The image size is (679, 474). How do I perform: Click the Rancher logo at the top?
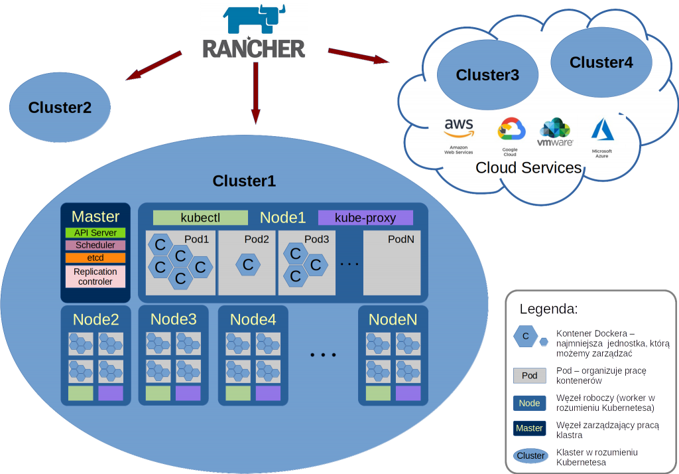[255, 31]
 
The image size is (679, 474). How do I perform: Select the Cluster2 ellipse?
[60, 107]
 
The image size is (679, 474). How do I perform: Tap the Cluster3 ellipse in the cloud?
[487, 75]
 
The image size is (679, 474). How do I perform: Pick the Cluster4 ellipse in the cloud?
[601, 63]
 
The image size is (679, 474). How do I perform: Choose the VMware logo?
[555, 132]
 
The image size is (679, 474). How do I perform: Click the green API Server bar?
[95, 233]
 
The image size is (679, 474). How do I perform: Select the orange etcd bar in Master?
[95, 258]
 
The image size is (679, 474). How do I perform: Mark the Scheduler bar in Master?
[95, 245]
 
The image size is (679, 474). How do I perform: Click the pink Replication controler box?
[95, 276]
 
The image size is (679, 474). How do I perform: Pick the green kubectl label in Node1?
[200, 218]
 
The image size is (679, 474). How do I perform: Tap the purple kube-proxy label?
[365, 218]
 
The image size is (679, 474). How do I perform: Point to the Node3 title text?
[173, 319]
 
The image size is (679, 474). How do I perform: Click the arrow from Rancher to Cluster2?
[153, 66]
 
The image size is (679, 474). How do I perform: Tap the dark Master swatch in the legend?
[529, 428]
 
